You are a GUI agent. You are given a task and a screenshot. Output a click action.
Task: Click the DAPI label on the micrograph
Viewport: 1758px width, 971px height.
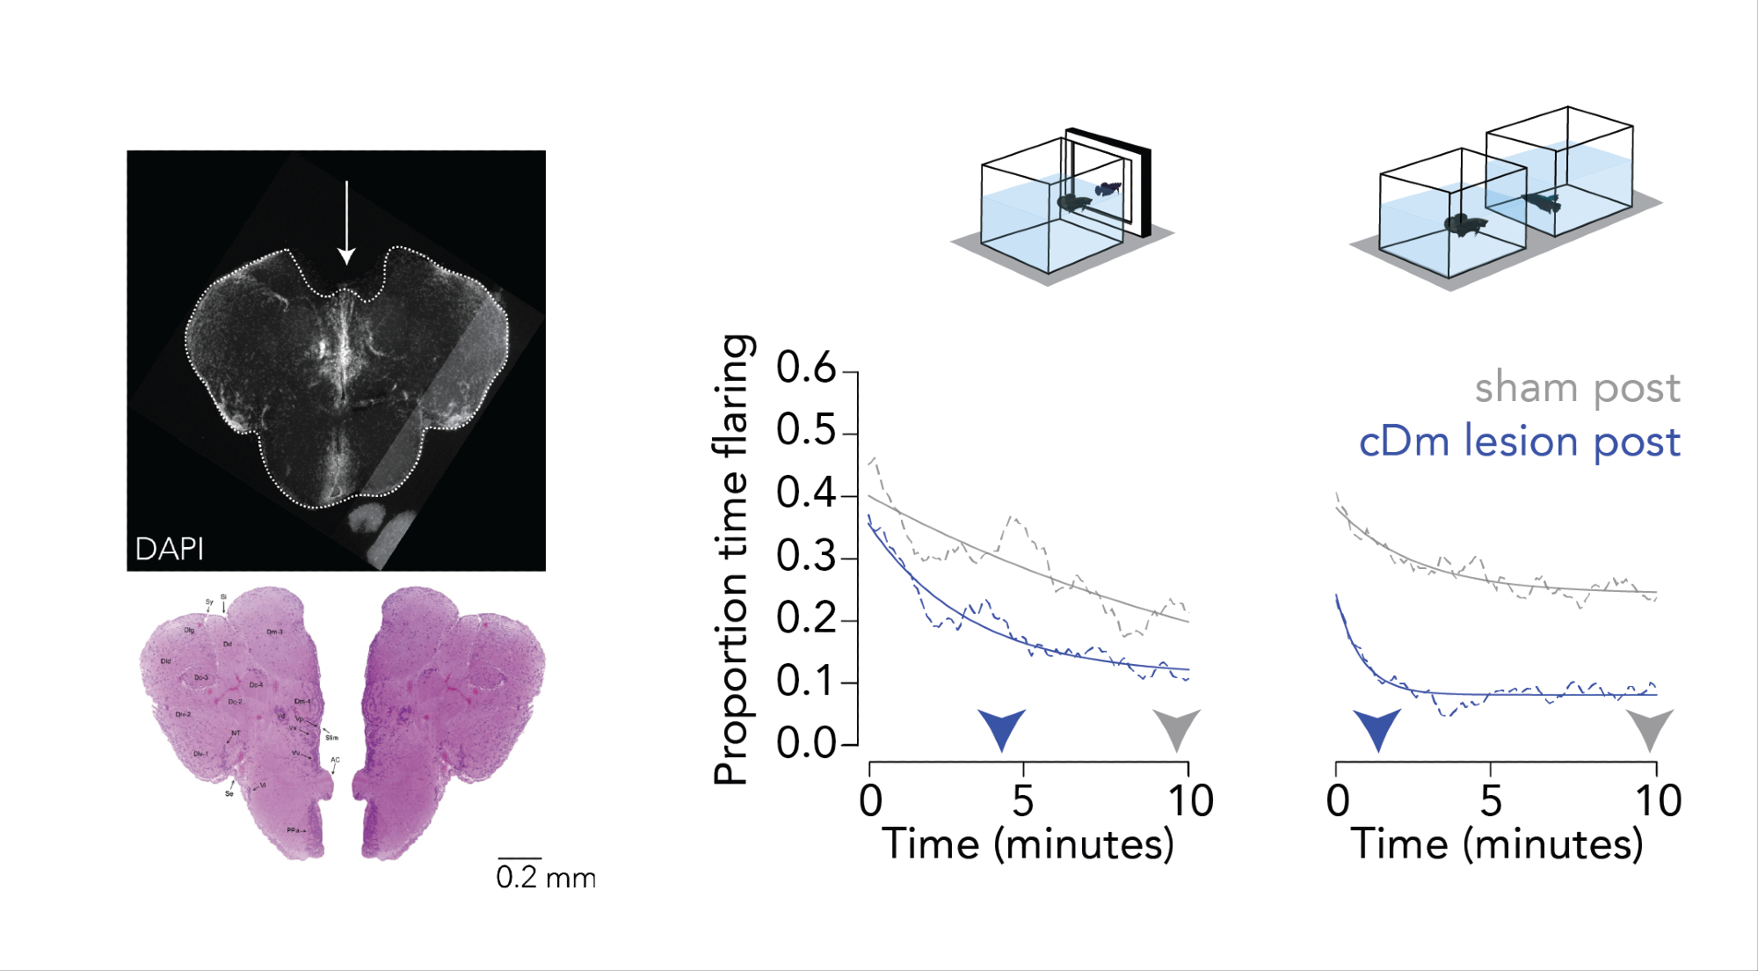click(x=169, y=549)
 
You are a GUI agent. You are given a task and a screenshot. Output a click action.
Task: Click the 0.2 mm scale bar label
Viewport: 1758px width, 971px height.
click(x=545, y=878)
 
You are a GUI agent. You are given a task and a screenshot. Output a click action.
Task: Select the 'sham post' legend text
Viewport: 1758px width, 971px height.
click(x=1577, y=388)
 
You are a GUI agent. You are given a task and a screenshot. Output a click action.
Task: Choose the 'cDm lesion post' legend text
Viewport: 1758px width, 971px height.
click(x=1520, y=442)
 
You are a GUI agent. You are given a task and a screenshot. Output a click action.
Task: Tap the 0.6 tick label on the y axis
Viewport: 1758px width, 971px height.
click(x=806, y=368)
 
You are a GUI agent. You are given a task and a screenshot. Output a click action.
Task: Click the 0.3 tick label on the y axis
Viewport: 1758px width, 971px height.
click(x=806, y=556)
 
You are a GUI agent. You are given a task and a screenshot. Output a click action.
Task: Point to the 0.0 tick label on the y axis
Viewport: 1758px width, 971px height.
click(x=806, y=744)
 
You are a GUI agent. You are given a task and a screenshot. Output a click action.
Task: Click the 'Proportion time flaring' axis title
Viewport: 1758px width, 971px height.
click(x=731, y=559)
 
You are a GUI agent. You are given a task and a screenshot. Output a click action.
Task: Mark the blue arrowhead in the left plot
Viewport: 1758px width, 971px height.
click(x=1002, y=727)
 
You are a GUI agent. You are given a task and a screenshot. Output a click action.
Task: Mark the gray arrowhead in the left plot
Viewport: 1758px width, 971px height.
click(x=1176, y=727)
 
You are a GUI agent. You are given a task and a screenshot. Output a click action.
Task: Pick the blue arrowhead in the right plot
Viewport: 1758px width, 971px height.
click(x=1377, y=728)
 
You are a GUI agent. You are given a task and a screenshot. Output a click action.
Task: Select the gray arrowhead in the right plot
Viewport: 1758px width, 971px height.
click(x=1650, y=728)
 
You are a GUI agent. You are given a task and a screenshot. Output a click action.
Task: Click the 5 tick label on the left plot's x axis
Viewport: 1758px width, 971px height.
click(x=1022, y=801)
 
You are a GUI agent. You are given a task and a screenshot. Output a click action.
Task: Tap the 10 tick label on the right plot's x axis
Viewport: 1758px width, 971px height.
click(x=1658, y=801)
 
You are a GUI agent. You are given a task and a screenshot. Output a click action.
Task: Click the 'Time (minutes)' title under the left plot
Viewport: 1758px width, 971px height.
click(x=1028, y=844)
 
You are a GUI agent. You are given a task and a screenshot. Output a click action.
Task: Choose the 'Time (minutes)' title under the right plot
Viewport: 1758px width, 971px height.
click(x=1497, y=844)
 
